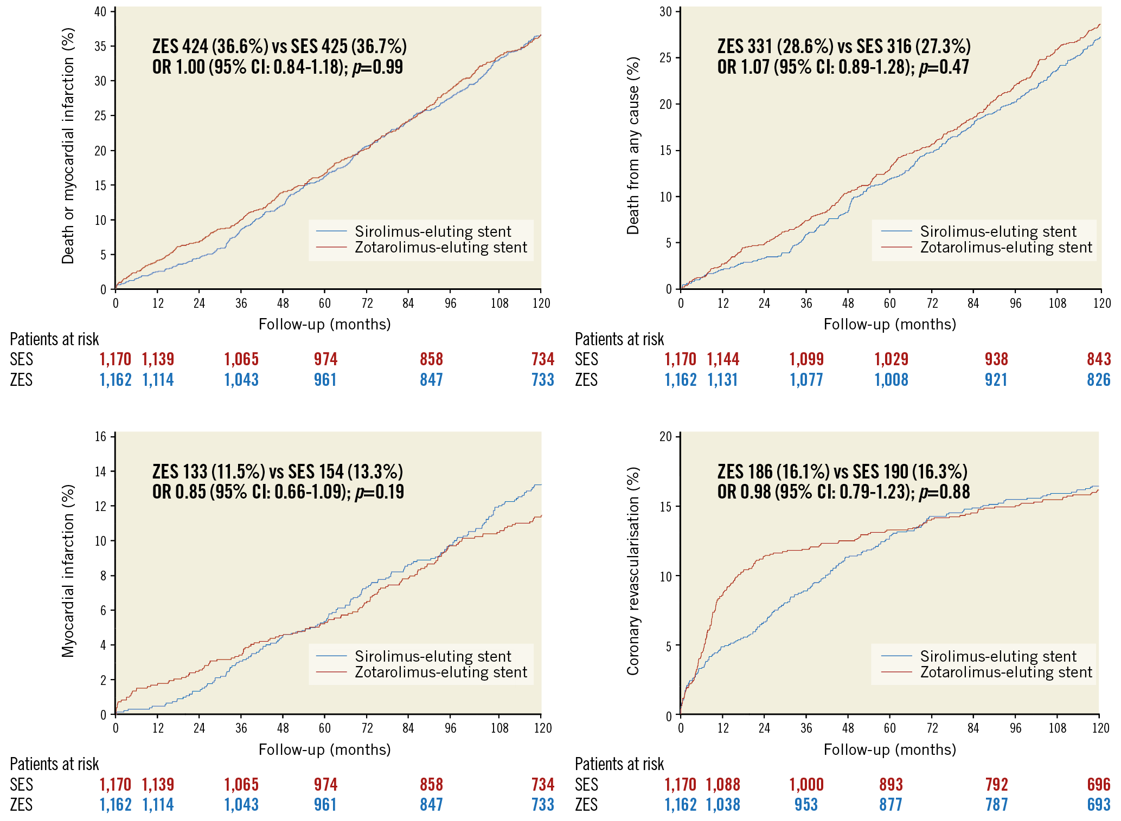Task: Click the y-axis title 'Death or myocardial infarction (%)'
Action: pyautogui.click(x=68, y=145)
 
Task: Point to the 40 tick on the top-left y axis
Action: pyautogui.click(x=100, y=12)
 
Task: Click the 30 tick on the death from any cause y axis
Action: pyautogui.click(x=665, y=12)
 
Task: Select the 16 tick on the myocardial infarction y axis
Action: pyautogui.click(x=100, y=437)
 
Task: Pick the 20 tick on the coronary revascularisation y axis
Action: pyautogui.click(x=665, y=437)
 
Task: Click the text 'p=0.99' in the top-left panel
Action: pyautogui.click(x=377, y=67)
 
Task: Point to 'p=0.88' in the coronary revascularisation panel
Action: pyautogui.click(x=944, y=492)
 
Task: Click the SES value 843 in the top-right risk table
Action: pyautogui.click(x=1098, y=359)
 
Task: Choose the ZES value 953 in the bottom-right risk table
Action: pyautogui.click(x=806, y=805)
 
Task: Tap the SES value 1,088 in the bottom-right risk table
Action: pyautogui.click(x=722, y=784)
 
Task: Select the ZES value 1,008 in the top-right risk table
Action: pyautogui.click(x=891, y=380)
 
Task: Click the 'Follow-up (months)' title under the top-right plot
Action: pyautogui.click(x=889, y=325)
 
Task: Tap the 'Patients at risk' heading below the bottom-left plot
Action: pyautogui.click(x=54, y=764)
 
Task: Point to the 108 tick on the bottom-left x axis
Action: pyautogui.click(x=499, y=728)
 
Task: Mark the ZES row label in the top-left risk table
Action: pyautogui.click(x=21, y=380)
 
